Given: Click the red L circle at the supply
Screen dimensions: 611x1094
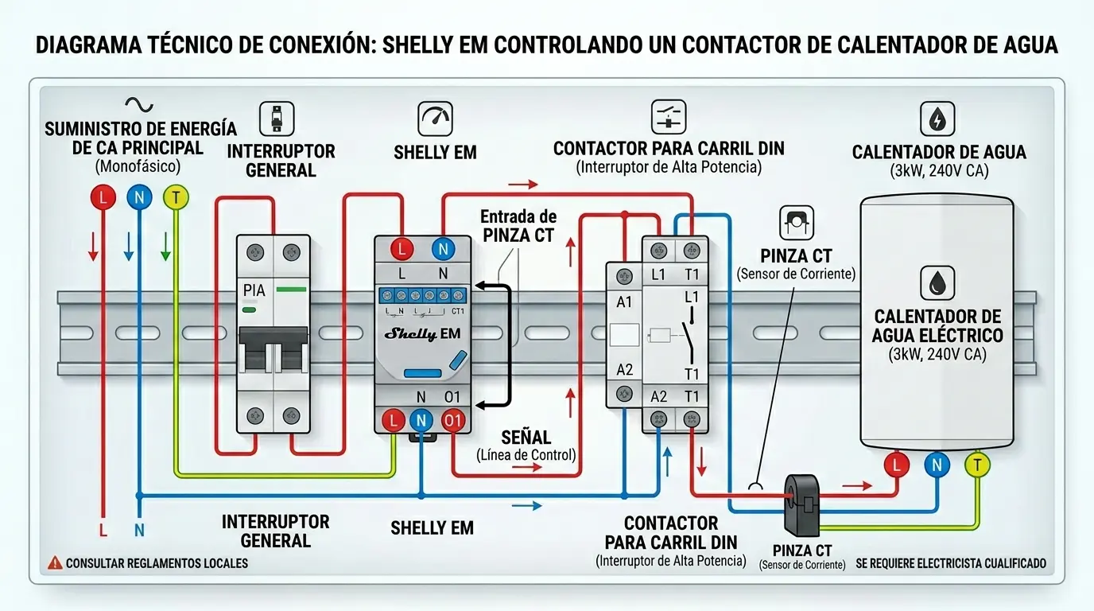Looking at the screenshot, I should point(102,198).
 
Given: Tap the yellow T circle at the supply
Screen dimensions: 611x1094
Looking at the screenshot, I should point(175,197).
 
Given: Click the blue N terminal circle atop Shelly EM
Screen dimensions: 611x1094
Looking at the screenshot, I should point(443,249).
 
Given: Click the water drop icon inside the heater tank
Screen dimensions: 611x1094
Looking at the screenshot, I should point(937,283).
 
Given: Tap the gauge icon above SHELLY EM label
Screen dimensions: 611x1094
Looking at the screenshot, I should point(435,119).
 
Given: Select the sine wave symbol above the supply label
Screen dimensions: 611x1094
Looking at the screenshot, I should point(139,104).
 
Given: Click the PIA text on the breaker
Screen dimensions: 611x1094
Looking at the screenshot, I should point(254,291).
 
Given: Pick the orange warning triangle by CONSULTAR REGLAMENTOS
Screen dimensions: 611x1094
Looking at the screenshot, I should point(55,562).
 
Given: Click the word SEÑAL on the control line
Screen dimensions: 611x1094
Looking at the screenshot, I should point(526,438).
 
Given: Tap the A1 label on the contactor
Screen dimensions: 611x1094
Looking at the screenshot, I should point(624,302).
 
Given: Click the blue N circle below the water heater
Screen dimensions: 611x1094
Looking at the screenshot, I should point(937,465).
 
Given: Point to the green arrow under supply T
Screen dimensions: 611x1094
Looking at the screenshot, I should point(165,247).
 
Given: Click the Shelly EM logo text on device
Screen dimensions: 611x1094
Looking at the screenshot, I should point(422,334).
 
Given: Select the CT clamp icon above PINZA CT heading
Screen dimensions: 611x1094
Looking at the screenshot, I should point(796,223).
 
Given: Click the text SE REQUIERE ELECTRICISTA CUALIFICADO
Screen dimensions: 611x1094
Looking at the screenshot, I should point(951,563).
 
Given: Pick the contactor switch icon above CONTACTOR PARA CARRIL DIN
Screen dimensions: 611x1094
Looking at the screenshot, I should point(668,117).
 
